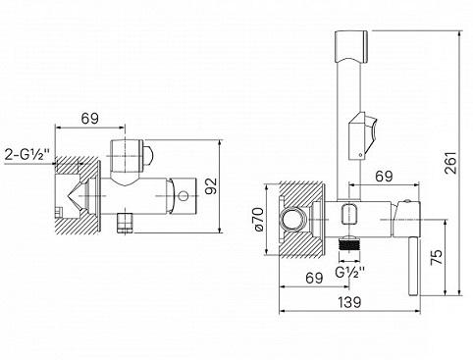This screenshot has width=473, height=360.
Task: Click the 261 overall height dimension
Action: click(x=450, y=163)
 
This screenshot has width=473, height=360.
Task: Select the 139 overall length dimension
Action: click(x=349, y=302)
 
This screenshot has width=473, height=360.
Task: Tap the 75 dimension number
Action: click(x=437, y=257)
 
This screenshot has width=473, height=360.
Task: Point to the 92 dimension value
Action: click(x=211, y=185)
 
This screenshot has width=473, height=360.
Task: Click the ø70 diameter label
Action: click(x=258, y=219)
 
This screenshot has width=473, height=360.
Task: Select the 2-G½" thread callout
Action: click(x=27, y=154)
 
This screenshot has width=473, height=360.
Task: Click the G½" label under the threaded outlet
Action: click(x=350, y=272)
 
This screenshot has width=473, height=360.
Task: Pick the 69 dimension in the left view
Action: click(x=90, y=119)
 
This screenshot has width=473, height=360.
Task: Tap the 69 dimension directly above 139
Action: click(x=314, y=279)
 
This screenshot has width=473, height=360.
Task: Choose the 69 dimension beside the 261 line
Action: click(x=384, y=177)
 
